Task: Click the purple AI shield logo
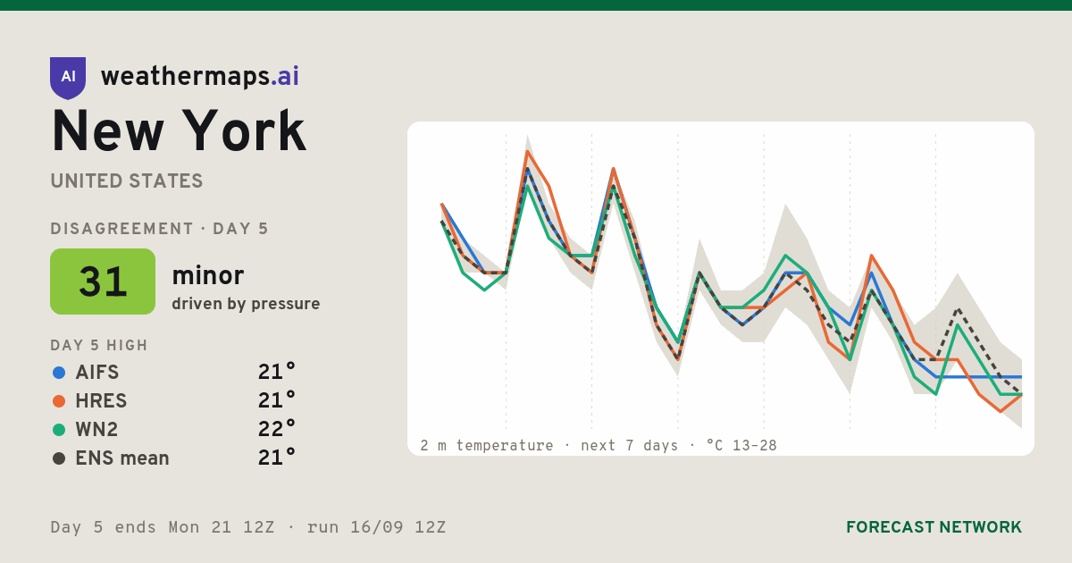tap(68, 78)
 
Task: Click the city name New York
tap(179, 130)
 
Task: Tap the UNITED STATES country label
tap(127, 181)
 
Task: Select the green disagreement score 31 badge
tap(103, 281)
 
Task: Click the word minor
tap(207, 275)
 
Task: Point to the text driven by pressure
tap(246, 304)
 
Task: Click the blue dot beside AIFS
tap(59, 373)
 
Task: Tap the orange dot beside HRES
tap(59, 401)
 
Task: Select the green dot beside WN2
tap(59, 430)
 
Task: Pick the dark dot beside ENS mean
tap(59, 458)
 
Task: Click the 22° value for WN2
tap(277, 428)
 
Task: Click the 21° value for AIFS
tap(277, 372)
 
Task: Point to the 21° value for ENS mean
tap(277, 458)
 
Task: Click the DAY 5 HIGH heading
tap(99, 345)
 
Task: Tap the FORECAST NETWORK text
tap(934, 527)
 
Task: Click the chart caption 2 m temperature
tap(487, 446)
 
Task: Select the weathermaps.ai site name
tap(200, 77)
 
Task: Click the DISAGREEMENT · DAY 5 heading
tap(159, 229)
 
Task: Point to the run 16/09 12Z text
tap(377, 527)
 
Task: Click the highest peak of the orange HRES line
tap(527, 152)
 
